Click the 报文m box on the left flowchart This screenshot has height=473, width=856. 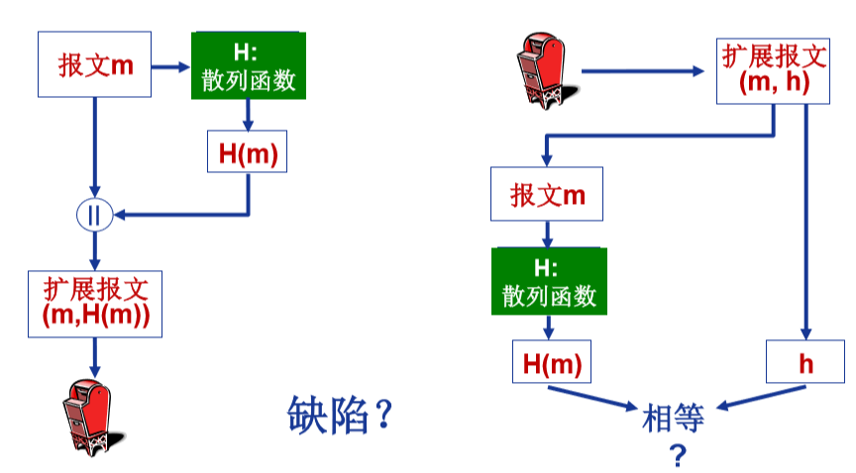[x=94, y=64]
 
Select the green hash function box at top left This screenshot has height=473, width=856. [x=249, y=66]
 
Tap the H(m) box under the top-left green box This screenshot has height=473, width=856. [x=248, y=153]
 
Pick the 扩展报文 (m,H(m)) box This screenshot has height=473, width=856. [x=96, y=302]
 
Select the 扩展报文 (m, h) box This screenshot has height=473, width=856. [x=774, y=71]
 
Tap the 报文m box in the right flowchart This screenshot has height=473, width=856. [x=547, y=194]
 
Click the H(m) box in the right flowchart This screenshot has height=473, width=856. [x=550, y=362]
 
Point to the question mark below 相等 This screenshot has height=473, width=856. [x=678, y=455]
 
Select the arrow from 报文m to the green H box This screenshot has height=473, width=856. [x=170, y=67]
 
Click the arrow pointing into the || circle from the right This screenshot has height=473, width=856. [x=178, y=214]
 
